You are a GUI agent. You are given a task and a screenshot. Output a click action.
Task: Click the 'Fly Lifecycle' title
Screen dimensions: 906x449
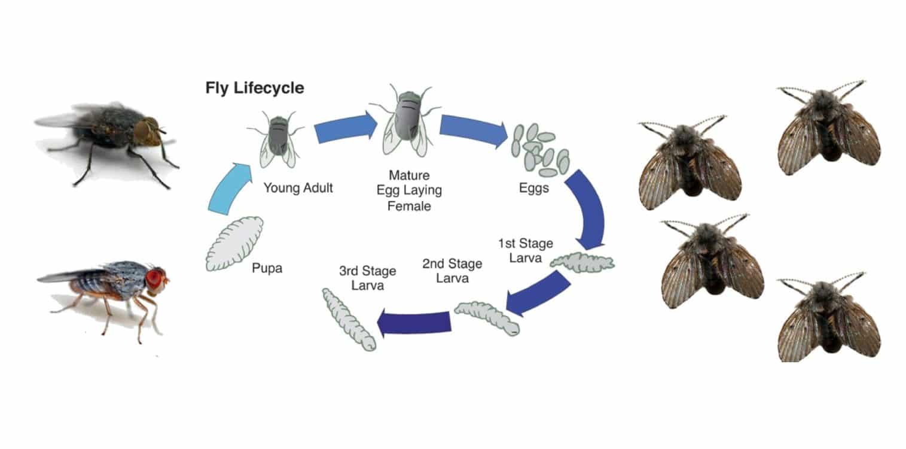point(254,88)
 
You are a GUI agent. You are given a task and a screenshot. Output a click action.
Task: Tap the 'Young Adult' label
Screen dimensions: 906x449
point(298,188)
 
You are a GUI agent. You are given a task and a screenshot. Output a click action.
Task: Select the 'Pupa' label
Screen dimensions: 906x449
point(267,268)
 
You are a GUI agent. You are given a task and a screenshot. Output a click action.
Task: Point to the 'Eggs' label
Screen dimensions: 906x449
point(534,188)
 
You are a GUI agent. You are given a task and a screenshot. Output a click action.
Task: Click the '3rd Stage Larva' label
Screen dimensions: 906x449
point(368,278)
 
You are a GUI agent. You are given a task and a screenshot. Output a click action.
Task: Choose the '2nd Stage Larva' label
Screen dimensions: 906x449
point(452,271)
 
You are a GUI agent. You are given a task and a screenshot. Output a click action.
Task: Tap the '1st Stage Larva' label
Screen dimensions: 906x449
point(526,251)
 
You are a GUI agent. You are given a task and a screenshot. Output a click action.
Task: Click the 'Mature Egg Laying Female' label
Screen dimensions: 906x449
point(409,191)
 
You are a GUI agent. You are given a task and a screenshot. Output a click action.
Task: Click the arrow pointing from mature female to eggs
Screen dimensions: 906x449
point(473,129)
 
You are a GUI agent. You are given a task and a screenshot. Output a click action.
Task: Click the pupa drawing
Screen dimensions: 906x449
point(234,243)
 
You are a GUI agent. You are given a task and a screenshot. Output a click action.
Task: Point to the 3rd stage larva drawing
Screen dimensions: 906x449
point(349,320)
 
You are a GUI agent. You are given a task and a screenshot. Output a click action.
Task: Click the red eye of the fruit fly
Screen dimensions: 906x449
point(155,278)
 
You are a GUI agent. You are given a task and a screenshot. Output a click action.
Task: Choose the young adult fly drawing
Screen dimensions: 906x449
point(277,139)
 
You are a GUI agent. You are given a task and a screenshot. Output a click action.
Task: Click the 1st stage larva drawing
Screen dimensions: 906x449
point(582,262)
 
